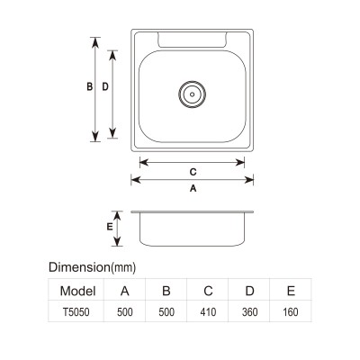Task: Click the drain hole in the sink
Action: pos(192,94)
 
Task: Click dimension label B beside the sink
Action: pos(89,86)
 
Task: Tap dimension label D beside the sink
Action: pos(105,86)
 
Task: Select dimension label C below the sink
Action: pos(193,172)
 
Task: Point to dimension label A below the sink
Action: pos(193,188)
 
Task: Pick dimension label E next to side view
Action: pos(110,227)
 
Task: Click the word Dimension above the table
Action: pos(79,267)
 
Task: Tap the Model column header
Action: pos(77,291)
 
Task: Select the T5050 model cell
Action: pos(76,312)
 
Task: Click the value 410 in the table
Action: pos(208,312)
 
